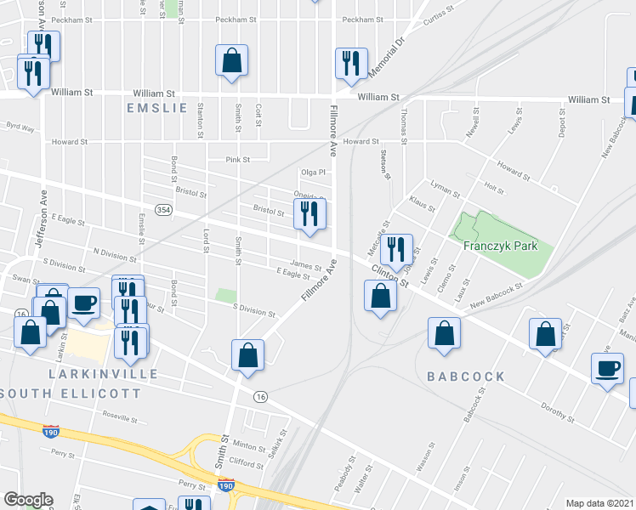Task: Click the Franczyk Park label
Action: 497,246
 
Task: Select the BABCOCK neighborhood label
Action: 466,376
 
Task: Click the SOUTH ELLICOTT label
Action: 71,393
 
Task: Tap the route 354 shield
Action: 163,209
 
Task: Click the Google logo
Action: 28,500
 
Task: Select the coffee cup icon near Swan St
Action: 83,303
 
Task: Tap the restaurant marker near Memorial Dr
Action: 350,63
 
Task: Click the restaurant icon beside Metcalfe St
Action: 396,250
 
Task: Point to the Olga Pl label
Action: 314,172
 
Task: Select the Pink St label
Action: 237,159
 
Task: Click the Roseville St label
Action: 120,418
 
